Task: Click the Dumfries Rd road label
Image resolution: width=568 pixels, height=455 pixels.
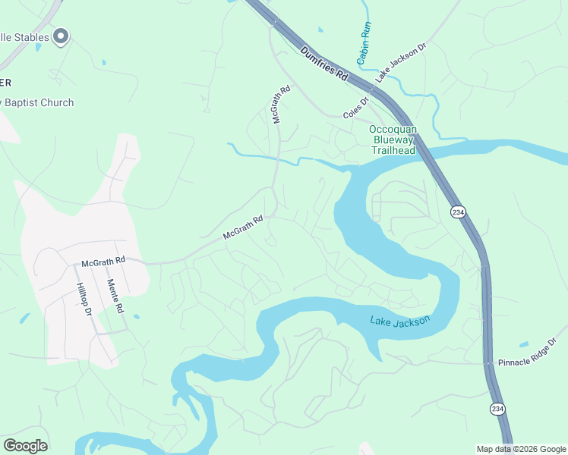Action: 323,66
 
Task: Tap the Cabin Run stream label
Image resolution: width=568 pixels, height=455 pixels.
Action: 364,41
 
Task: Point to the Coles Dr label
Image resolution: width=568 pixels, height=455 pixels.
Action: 355,106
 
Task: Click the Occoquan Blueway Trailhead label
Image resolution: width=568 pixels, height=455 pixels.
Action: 393,140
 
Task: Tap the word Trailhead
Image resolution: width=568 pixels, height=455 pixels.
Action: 393,150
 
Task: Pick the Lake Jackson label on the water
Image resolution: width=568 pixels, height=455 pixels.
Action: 400,320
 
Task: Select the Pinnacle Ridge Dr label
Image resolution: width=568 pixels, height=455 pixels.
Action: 527,353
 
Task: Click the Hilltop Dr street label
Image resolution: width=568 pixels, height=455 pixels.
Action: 84,299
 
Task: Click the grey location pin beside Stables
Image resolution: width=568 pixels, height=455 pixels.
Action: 61,36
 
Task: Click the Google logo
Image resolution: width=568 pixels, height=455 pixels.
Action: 25,446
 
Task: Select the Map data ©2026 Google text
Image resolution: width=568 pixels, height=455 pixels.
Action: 521,449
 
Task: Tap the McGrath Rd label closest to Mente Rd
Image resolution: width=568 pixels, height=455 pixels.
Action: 103,262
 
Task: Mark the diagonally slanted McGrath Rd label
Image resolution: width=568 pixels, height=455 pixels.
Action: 243,227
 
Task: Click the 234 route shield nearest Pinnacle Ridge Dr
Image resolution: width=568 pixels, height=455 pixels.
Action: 497,409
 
